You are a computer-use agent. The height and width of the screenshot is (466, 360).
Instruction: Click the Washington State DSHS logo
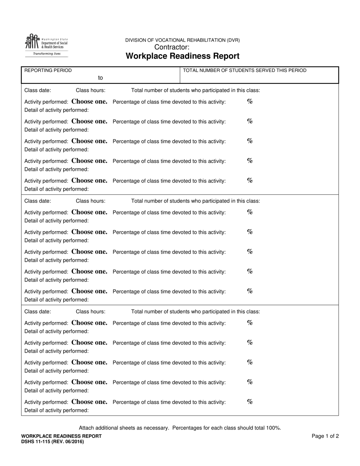(46, 42)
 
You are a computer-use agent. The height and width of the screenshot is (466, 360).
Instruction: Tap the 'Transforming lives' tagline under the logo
(47, 54)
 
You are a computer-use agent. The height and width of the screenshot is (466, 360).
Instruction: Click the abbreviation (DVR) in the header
(233, 40)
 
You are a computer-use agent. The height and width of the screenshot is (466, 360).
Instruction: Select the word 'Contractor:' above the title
(172, 47)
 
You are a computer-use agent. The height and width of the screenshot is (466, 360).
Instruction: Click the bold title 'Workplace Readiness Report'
(182, 56)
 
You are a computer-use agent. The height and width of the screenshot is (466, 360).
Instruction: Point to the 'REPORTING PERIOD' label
(48, 70)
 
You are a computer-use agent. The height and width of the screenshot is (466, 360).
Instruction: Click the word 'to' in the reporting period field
(100, 78)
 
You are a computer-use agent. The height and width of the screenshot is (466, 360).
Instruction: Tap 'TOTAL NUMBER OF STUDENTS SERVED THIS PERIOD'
(245, 70)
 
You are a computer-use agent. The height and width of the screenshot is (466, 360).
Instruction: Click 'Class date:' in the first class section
(38, 90)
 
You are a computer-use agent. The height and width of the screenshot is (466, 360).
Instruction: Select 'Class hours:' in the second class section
(91, 201)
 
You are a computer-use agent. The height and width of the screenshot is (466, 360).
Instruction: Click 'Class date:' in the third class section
(38, 311)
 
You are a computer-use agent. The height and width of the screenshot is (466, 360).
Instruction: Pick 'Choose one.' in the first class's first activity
(89, 102)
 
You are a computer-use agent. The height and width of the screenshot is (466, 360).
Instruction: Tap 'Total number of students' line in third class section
(196, 311)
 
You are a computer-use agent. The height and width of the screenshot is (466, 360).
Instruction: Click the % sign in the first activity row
(250, 101)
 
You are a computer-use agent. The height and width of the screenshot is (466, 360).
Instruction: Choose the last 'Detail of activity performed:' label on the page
(56, 410)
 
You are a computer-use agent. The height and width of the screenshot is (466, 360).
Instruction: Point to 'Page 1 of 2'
(325, 436)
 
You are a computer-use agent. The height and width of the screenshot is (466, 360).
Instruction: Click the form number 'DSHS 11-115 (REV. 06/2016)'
(53, 441)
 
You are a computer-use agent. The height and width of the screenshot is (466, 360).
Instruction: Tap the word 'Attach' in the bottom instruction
(87, 428)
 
